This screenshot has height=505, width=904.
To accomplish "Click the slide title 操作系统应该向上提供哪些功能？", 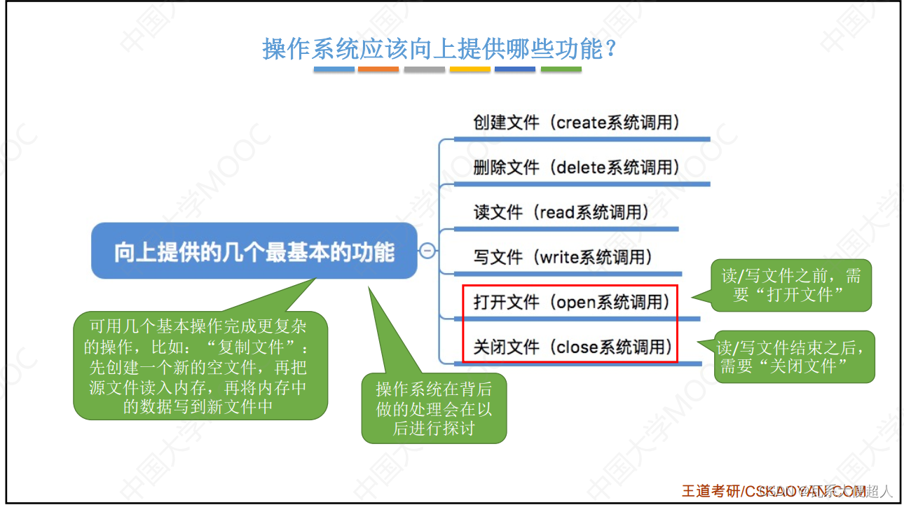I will click(x=439, y=50).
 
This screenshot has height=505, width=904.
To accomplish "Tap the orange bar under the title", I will click(x=378, y=69).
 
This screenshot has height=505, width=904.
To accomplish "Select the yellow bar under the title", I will click(x=470, y=69).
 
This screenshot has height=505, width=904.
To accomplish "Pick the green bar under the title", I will click(x=561, y=69).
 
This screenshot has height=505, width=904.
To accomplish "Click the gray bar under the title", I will click(x=424, y=69).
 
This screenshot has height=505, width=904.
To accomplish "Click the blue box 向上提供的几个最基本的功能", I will click(x=254, y=251).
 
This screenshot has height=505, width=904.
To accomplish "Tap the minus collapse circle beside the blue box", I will click(x=427, y=251).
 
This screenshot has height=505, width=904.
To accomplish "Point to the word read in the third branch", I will click(x=557, y=213).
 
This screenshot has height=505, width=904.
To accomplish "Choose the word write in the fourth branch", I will click(x=559, y=258).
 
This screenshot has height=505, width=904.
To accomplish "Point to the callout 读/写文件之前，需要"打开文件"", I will click(x=791, y=286).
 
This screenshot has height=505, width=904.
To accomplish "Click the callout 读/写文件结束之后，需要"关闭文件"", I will click(x=795, y=357).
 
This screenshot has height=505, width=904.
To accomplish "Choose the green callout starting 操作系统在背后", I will click(x=434, y=409).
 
